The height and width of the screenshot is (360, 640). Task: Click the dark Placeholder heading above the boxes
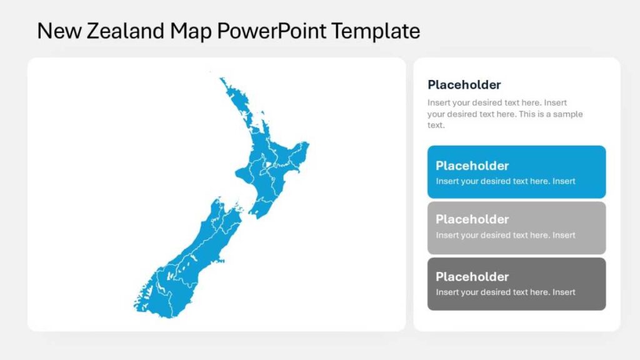coord(464,85)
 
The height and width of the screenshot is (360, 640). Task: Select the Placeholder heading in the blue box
coord(472,166)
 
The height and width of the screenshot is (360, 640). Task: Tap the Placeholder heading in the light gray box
coord(472,219)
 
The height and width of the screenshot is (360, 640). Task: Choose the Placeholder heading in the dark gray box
coord(472,276)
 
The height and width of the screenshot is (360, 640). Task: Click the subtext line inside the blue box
coord(506,181)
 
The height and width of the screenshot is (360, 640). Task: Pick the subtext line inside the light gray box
coord(506,235)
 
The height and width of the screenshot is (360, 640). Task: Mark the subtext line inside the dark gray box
coord(506,292)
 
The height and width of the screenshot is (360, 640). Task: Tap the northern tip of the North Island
coord(222,79)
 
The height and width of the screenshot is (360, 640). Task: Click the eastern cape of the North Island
coord(307,146)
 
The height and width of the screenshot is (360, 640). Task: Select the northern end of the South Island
coord(218,200)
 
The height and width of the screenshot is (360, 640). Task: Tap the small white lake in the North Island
coord(267,166)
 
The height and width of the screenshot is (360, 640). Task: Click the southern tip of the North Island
coord(257,216)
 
